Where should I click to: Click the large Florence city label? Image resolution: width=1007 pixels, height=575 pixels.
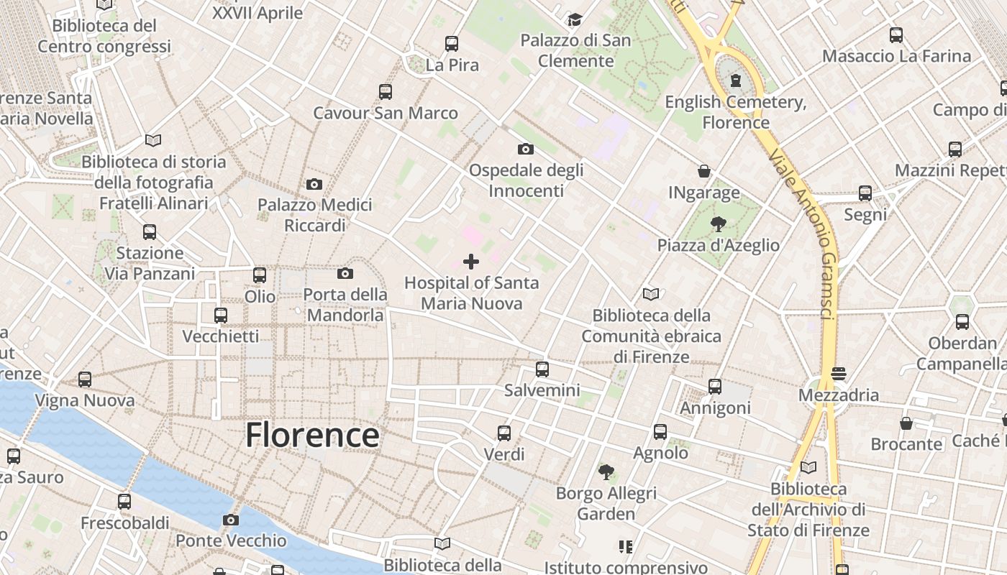313,436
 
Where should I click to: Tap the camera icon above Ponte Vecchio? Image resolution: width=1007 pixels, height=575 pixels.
230,520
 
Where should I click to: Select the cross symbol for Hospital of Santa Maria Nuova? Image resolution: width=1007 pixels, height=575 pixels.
471,262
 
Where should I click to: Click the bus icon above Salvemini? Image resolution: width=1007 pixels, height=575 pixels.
542,369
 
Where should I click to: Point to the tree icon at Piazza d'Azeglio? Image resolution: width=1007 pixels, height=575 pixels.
717,224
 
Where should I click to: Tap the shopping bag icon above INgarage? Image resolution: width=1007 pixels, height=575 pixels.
704,171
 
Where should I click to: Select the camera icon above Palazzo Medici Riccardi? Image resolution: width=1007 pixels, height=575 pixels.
314,184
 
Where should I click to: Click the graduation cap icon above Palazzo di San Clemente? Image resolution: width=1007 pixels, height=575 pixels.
575,19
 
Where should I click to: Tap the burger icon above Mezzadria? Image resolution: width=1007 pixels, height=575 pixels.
838,374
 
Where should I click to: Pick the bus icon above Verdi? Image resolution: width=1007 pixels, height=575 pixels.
504,433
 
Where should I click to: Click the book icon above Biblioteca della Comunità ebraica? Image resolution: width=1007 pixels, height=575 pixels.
651,294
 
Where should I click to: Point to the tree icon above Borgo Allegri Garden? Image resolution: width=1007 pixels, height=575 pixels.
606,472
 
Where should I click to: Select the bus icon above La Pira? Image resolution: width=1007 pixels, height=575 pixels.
452,44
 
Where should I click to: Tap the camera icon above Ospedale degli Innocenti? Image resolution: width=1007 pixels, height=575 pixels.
526,149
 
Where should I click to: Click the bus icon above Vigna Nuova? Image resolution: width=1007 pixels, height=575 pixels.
85,379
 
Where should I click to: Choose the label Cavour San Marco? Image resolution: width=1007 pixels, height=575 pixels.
386,113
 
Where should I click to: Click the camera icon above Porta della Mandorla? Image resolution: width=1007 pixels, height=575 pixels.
345,273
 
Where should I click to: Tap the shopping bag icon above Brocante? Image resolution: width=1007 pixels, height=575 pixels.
906,423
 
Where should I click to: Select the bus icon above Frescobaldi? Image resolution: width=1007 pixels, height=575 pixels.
124,501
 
